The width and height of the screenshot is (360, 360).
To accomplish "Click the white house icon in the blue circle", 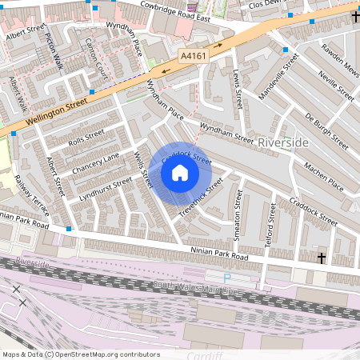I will click(x=180, y=173).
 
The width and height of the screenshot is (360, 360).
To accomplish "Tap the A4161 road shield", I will click(x=194, y=56).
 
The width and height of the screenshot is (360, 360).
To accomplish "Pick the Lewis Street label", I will click(x=237, y=89).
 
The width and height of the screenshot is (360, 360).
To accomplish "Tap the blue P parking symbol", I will click(x=226, y=278).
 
